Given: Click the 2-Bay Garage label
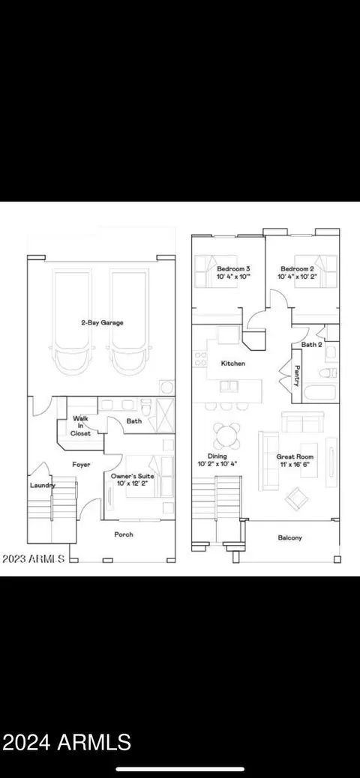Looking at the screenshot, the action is point(102,322).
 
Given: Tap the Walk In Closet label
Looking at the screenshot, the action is point(80,426).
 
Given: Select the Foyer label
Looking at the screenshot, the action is point(82,465).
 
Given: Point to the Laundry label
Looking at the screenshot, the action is point(43,485).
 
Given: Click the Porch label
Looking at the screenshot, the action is point(124,534).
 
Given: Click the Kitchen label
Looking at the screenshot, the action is point(233,364).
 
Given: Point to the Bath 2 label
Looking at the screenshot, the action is point(311,344).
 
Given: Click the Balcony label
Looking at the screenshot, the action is point(289,537).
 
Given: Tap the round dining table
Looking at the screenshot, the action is point(227,435).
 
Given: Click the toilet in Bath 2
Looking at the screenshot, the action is point(328,373).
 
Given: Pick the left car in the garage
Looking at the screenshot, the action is point(73,322).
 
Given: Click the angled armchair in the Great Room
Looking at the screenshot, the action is point(296,498).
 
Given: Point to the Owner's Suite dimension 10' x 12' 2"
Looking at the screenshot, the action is point(132,483).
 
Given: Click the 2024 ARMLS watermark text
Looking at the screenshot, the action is point(67,742).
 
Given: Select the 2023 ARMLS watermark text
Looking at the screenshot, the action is point(33,558).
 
